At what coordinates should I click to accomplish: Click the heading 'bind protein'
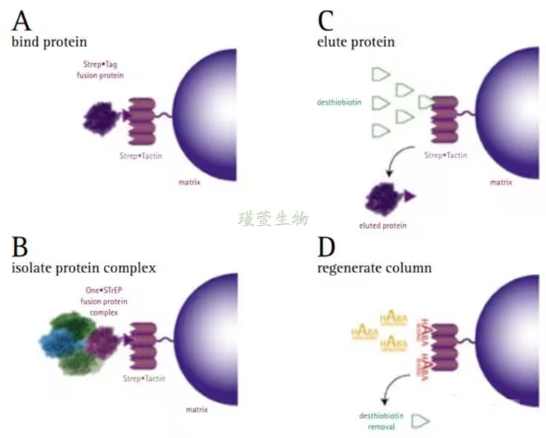(x=49, y=42)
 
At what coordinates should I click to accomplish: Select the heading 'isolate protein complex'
(x=83, y=267)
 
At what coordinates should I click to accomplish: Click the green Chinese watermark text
(x=273, y=218)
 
